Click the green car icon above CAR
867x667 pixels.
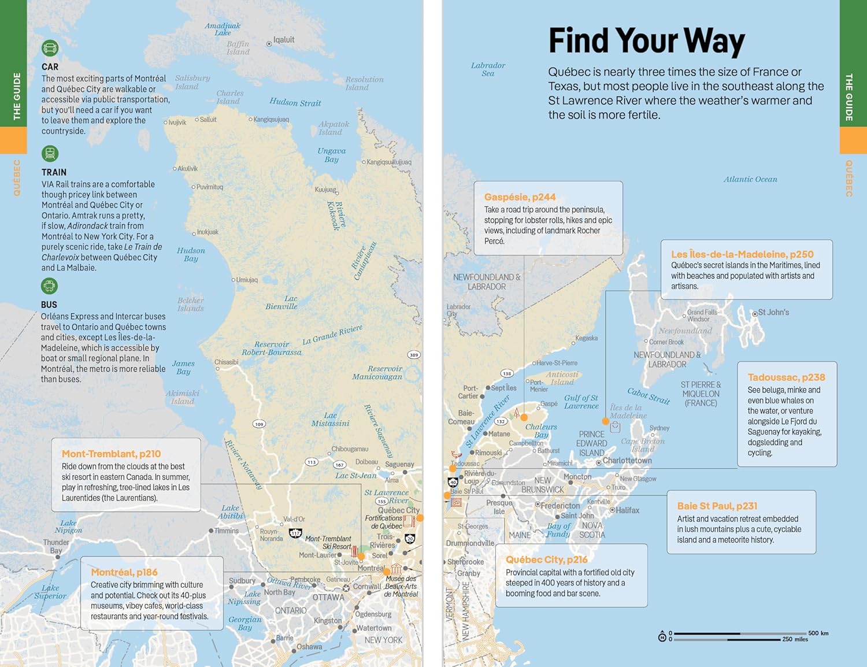click(50, 48)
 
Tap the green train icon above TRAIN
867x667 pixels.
click(50, 154)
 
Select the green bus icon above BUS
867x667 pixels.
click(50, 286)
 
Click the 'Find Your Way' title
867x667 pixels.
click(646, 41)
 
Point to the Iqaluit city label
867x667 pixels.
click(283, 40)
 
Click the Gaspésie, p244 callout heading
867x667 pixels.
click(520, 197)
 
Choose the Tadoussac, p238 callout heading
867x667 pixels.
click(786, 377)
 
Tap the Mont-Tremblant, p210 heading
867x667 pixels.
click(111, 454)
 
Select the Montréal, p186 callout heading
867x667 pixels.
click(124, 572)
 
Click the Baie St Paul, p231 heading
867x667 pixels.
click(717, 506)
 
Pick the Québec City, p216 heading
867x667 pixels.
click(546, 559)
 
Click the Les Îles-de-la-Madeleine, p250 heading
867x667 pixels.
click(742, 254)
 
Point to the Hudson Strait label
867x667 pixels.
click(295, 102)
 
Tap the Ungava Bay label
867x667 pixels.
click(331, 155)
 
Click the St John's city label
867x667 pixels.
click(773, 312)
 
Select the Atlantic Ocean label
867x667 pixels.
click(750, 179)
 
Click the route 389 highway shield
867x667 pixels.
click(413, 355)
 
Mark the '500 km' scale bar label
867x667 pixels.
click(818, 633)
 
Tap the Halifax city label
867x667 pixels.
click(627, 510)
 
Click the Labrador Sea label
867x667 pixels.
click(488, 69)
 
